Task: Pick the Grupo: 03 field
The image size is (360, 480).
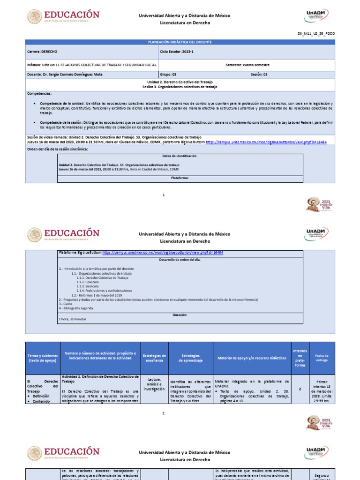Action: coord(168,74)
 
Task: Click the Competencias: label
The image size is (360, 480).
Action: coord(40,93)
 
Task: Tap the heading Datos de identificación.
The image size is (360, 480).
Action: coord(180,156)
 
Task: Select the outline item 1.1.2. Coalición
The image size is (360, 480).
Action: coord(91,282)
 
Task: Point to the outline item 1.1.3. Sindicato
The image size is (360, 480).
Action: coord(91,286)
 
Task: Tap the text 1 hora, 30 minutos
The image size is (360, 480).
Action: coord(73,319)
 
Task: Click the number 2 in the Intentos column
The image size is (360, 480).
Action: coord(300,388)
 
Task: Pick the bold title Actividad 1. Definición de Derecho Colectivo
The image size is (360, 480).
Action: coord(100,379)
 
